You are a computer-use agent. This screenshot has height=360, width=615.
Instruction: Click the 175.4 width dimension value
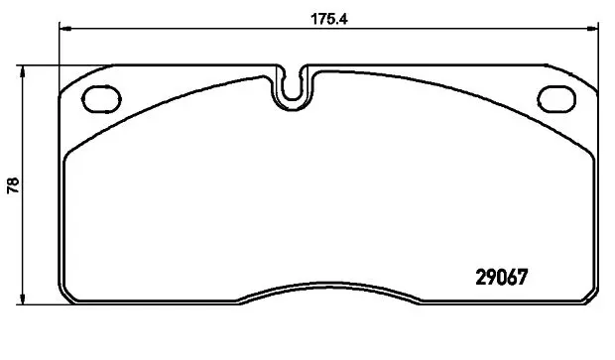(329, 19)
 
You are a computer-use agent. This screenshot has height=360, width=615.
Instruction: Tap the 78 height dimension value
(13, 185)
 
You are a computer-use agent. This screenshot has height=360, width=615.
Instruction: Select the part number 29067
(502, 278)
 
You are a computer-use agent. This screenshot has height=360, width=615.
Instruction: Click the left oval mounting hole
(101, 99)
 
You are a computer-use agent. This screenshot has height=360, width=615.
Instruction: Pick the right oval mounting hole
(556, 99)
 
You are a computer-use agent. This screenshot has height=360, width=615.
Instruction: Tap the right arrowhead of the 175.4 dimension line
(592, 28)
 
